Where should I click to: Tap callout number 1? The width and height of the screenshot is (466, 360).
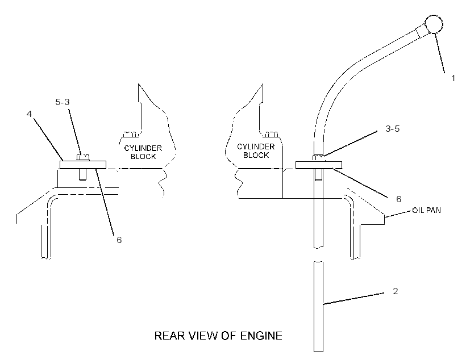point(453,78)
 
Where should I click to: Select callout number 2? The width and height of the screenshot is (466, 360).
point(396,291)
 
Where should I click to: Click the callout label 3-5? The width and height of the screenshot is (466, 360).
point(392,129)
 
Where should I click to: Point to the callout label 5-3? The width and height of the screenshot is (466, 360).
point(63,102)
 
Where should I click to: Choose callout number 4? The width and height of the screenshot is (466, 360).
point(29,114)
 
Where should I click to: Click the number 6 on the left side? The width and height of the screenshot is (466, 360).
point(119,240)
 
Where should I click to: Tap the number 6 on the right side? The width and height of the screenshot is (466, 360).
point(399,199)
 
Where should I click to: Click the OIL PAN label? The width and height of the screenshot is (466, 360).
point(426,210)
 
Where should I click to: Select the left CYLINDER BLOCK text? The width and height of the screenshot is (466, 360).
point(143,152)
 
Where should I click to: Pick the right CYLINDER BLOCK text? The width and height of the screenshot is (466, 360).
point(256,151)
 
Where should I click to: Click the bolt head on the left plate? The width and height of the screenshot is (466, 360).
point(83,157)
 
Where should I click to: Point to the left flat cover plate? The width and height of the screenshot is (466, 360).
point(83,165)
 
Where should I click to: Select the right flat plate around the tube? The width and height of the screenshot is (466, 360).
point(319,165)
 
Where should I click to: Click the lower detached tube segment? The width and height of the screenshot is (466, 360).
point(319,307)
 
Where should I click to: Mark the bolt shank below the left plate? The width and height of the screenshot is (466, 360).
point(83,175)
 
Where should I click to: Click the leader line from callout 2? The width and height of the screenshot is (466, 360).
point(353,298)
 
